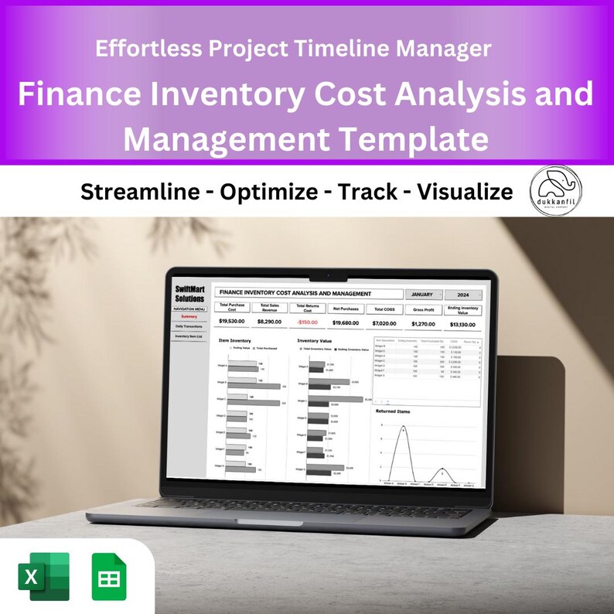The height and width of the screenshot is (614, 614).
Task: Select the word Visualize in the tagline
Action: tap(465, 191)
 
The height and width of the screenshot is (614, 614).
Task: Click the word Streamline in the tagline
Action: tap(140, 191)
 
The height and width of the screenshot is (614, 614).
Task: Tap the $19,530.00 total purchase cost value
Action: tap(232, 321)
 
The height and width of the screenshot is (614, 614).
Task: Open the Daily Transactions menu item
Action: tap(189, 326)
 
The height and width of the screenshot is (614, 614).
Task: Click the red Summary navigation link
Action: tap(189, 316)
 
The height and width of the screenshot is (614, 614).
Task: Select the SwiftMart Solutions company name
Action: tap(189, 295)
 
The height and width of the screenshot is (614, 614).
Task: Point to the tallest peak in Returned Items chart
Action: tap(403, 428)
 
